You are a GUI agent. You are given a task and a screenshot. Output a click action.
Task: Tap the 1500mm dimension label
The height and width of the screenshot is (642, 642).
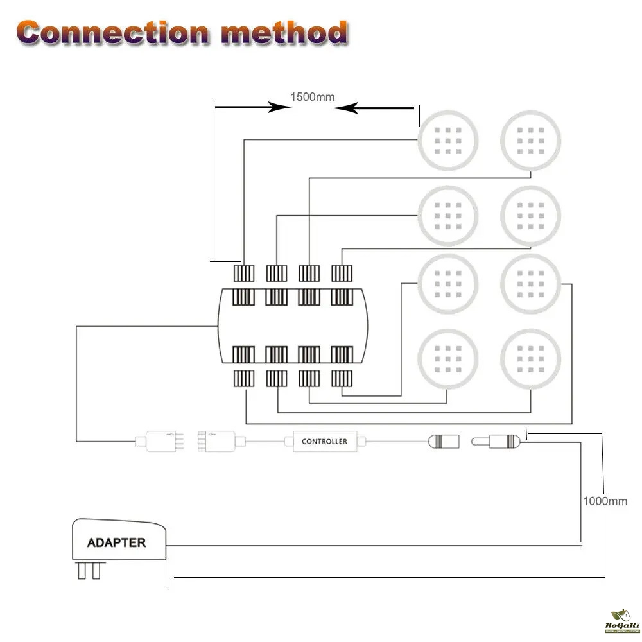coord(313,98)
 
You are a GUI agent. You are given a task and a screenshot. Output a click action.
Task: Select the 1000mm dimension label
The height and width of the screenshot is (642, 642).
coord(605,501)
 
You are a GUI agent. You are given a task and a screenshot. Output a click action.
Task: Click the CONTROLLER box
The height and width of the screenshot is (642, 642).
coord(324,442)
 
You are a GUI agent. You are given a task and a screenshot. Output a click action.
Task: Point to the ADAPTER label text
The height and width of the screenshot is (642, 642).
coord(116,542)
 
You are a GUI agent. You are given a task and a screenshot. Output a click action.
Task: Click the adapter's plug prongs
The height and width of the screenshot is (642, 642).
coord(89,570)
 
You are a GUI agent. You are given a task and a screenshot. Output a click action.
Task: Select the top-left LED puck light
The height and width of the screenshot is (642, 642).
coord(449,140)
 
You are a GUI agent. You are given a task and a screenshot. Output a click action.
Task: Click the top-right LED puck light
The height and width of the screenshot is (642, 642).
coord(531,140)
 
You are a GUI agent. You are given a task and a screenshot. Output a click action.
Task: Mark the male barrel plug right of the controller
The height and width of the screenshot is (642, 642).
coord(498,442)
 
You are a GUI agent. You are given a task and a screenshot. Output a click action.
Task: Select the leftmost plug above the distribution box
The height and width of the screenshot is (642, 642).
coord(244,273)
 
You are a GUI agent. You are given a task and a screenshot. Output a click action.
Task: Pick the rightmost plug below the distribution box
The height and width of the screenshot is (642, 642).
coord(342,379)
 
